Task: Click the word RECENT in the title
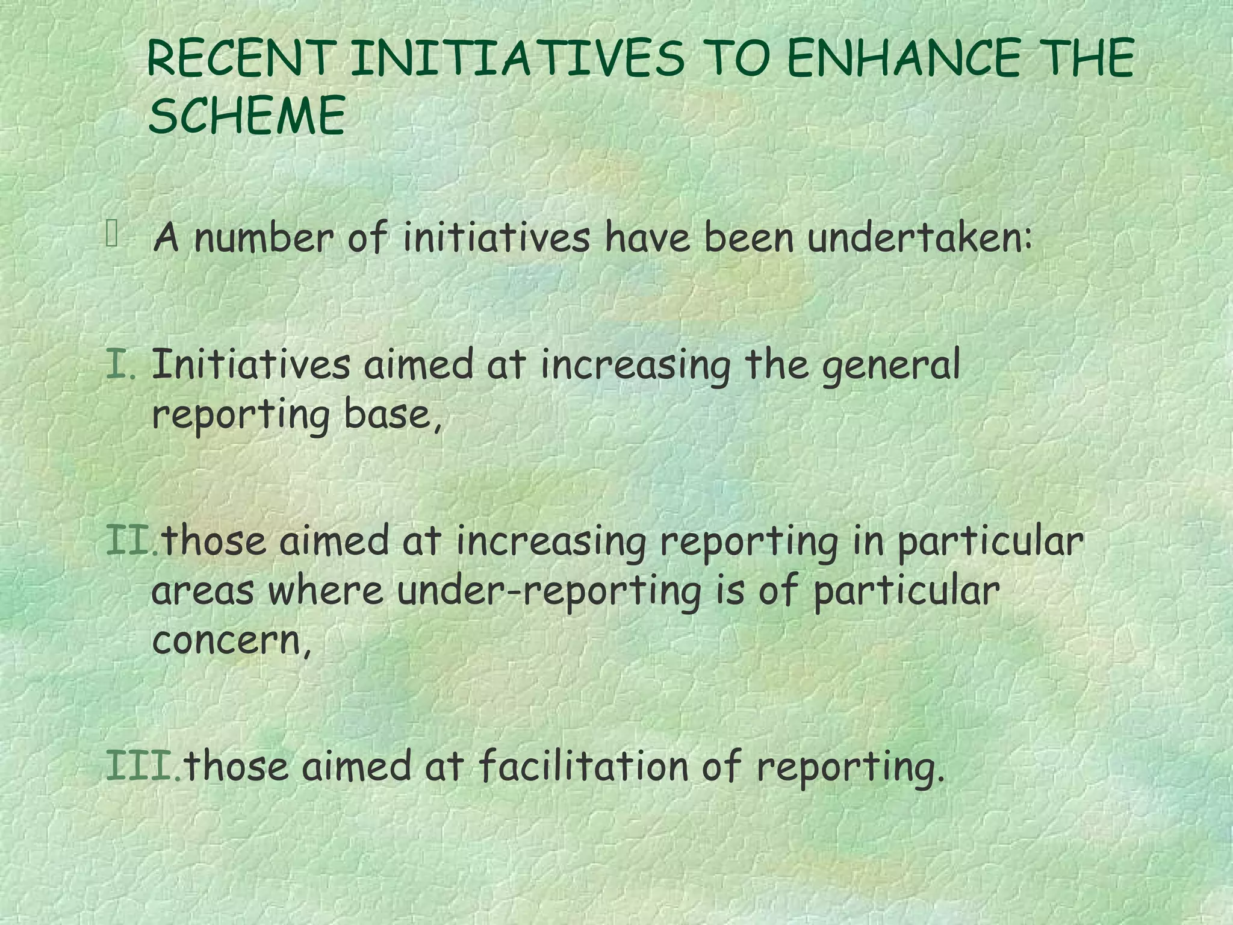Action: click(239, 58)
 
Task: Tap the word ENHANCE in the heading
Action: click(904, 58)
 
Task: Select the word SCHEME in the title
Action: click(247, 115)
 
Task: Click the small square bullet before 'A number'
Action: click(112, 234)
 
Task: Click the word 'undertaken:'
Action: click(919, 238)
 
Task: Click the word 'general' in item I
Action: click(891, 367)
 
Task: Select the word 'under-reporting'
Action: click(549, 591)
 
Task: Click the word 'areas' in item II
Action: click(202, 591)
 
